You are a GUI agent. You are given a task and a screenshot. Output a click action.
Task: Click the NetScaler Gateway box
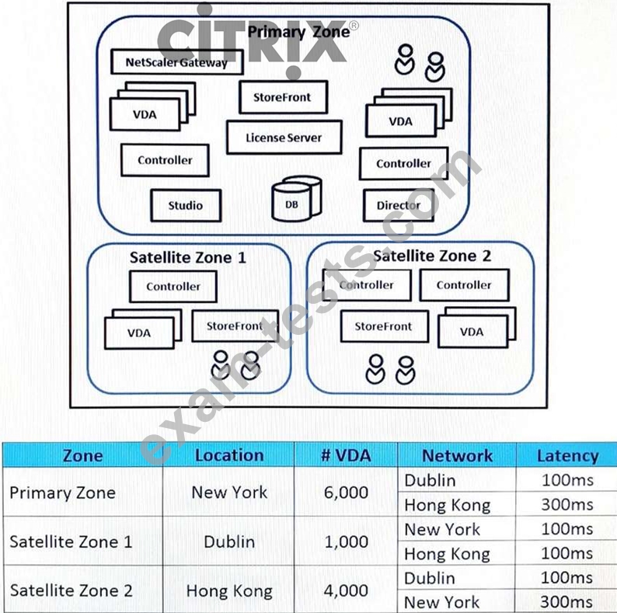click(x=177, y=62)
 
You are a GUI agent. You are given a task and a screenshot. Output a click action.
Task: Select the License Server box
click(x=284, y=138)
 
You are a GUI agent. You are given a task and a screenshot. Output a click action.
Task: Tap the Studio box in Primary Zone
click(x=186, y=205)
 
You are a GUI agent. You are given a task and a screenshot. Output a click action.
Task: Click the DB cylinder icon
click(x=297, y=199)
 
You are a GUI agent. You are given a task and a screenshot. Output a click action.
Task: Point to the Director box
click(x=399, y=205)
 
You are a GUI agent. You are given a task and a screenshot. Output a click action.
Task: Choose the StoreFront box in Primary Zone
click(x=284, y=97)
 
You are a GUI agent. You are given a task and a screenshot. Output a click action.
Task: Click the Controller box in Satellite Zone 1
click(x=173, y=286)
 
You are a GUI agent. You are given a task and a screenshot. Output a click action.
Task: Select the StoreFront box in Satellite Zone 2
click(x=385, y=326)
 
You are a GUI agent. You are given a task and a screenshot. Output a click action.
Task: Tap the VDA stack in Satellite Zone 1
click(x=143, y=329)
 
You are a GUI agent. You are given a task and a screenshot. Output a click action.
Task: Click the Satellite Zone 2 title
click(x=431, y=256)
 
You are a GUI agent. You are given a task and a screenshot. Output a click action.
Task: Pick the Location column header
click(x=229, y=455)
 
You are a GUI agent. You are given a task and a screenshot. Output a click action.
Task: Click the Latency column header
click(x=568, y=455)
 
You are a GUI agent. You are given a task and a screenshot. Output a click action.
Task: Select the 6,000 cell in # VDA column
click(x=346, y=493)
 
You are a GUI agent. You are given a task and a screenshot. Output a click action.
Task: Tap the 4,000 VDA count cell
click(x=346, y=590)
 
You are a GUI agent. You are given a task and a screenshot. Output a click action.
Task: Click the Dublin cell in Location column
click(x=229, y=542)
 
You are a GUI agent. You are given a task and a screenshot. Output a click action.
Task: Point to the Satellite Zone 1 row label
click(x=71, y=542)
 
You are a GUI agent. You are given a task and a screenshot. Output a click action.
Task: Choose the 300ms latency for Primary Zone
click(x=567, y=504)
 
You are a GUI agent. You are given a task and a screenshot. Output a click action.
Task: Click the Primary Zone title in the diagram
click(x=298, y=32)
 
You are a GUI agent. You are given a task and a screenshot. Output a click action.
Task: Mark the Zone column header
click(x=82, y=455)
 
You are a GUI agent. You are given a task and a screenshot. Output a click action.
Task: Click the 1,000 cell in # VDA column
click(x=347, y=542)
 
